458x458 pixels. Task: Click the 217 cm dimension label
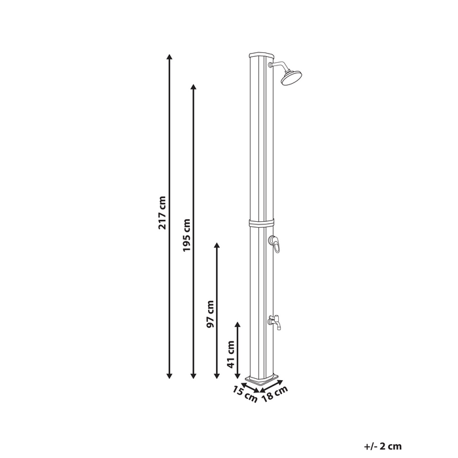point(162,213)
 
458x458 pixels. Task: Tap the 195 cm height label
point(186,236)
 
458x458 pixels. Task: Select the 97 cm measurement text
point(210,315)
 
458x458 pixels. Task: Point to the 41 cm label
point(230,354)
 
